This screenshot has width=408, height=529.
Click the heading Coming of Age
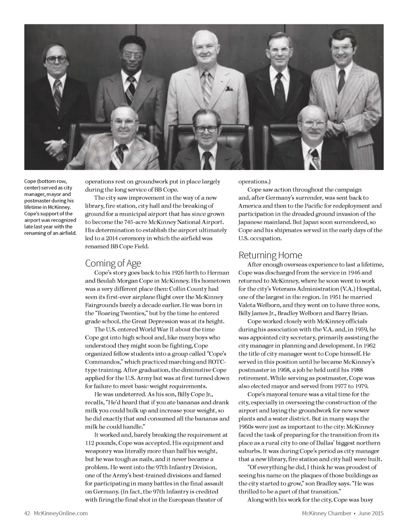coord(113,264)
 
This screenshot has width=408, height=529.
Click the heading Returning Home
coord(270,255)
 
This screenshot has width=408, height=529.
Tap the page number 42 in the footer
coord(27,513)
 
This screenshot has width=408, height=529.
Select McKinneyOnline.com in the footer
coord(61,513)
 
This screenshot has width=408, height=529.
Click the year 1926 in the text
coord(178,273)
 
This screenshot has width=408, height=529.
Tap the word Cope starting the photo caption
coord(31,182)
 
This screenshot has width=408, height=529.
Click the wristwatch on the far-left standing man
coord(64,144)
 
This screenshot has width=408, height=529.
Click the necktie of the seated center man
coord(207,160)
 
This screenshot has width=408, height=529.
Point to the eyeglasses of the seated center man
coord(206,129)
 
